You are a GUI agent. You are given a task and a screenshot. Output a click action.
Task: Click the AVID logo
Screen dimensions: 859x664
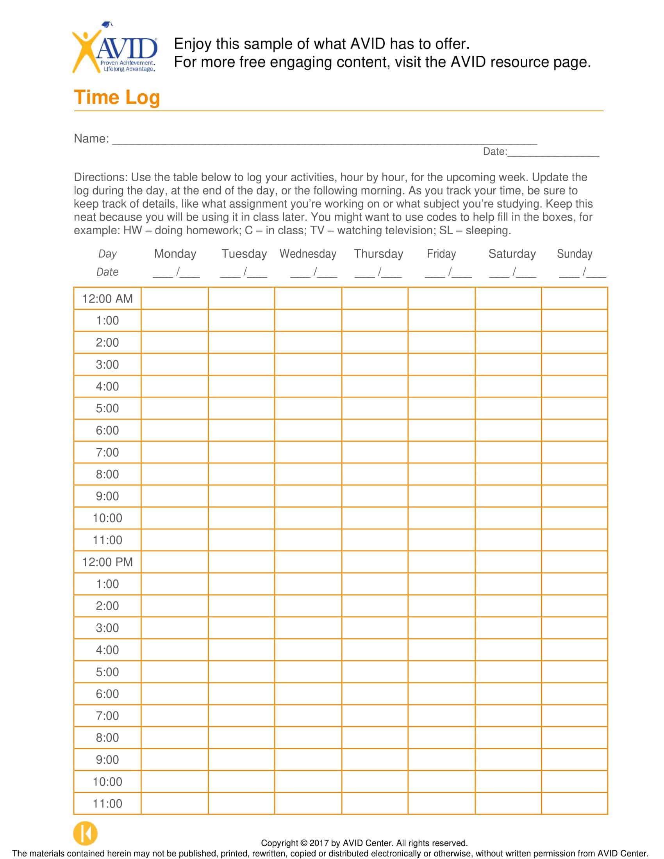coord(115,49)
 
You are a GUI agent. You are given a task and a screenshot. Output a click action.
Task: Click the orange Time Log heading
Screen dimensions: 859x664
coord(117,98)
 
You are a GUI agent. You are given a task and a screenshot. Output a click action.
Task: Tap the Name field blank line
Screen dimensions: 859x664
coord(324,141)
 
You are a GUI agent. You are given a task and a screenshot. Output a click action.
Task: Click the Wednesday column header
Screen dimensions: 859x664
coord(308,254)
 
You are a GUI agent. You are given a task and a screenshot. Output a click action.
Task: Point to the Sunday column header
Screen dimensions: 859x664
coord(574,254)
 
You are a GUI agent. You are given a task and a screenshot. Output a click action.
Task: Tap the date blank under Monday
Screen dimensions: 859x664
coord(176,273)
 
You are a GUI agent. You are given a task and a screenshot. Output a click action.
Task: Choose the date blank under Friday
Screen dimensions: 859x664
coord(448,273)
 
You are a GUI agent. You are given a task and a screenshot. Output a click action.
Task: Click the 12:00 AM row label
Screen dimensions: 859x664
coord(107,299)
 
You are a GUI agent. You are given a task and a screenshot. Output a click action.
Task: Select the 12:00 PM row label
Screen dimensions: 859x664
coord(107,562)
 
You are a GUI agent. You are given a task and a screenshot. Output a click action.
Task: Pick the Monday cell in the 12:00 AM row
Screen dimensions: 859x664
coord(175,299)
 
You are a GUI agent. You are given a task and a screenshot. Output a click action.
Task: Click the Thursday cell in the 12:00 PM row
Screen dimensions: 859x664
coord(375,562)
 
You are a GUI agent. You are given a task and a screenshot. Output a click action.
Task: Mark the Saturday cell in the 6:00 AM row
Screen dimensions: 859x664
coord(508,430)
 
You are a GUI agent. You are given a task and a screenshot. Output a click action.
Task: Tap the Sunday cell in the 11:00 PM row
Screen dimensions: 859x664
coord(574,804)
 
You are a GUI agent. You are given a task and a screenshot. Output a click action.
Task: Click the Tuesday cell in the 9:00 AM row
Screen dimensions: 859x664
coord(241,496)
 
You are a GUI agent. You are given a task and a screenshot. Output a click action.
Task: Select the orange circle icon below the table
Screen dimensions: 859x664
coord(86,833)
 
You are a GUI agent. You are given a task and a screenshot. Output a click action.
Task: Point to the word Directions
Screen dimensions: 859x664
coord(101,177)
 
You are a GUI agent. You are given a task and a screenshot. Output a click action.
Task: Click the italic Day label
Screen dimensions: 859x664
coord(107,254)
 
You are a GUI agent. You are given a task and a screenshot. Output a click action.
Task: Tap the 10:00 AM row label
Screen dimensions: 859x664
coord(107,519)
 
